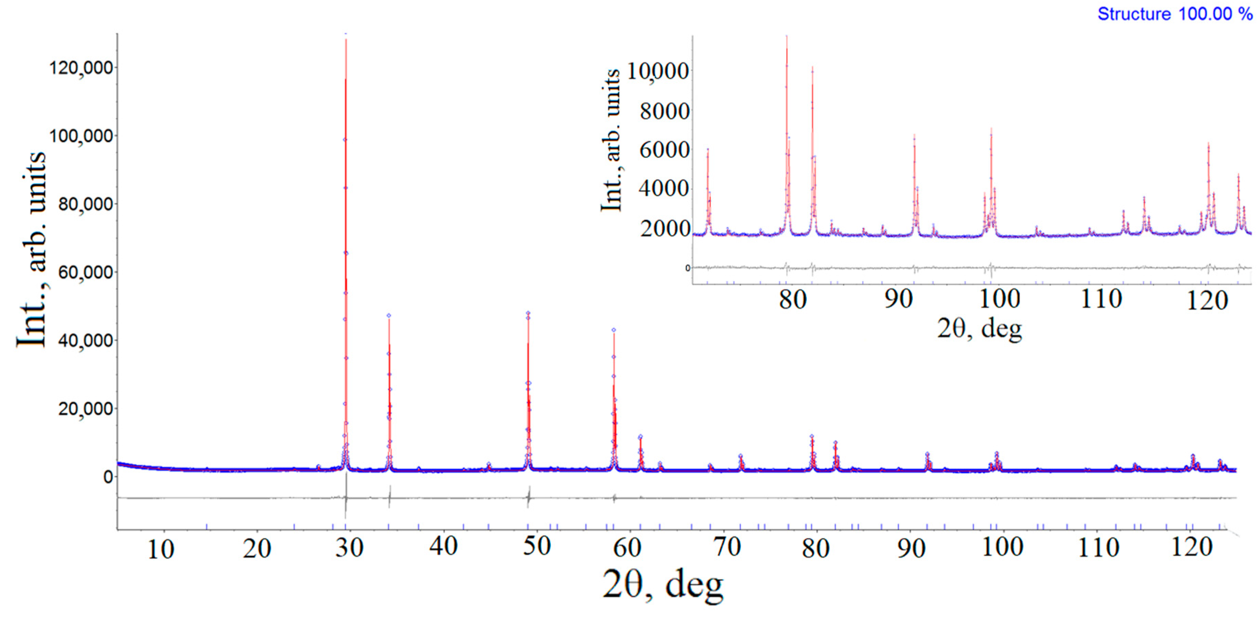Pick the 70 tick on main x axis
click(727, 547)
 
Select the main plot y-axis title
click(31, 249)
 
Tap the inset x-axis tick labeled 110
click(1101, 299)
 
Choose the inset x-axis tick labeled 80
click(792, 299)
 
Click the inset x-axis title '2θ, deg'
click(979, 328)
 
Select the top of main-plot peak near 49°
click(528, 313)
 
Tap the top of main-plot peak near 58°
click(614, 330)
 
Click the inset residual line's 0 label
click(687, 268)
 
